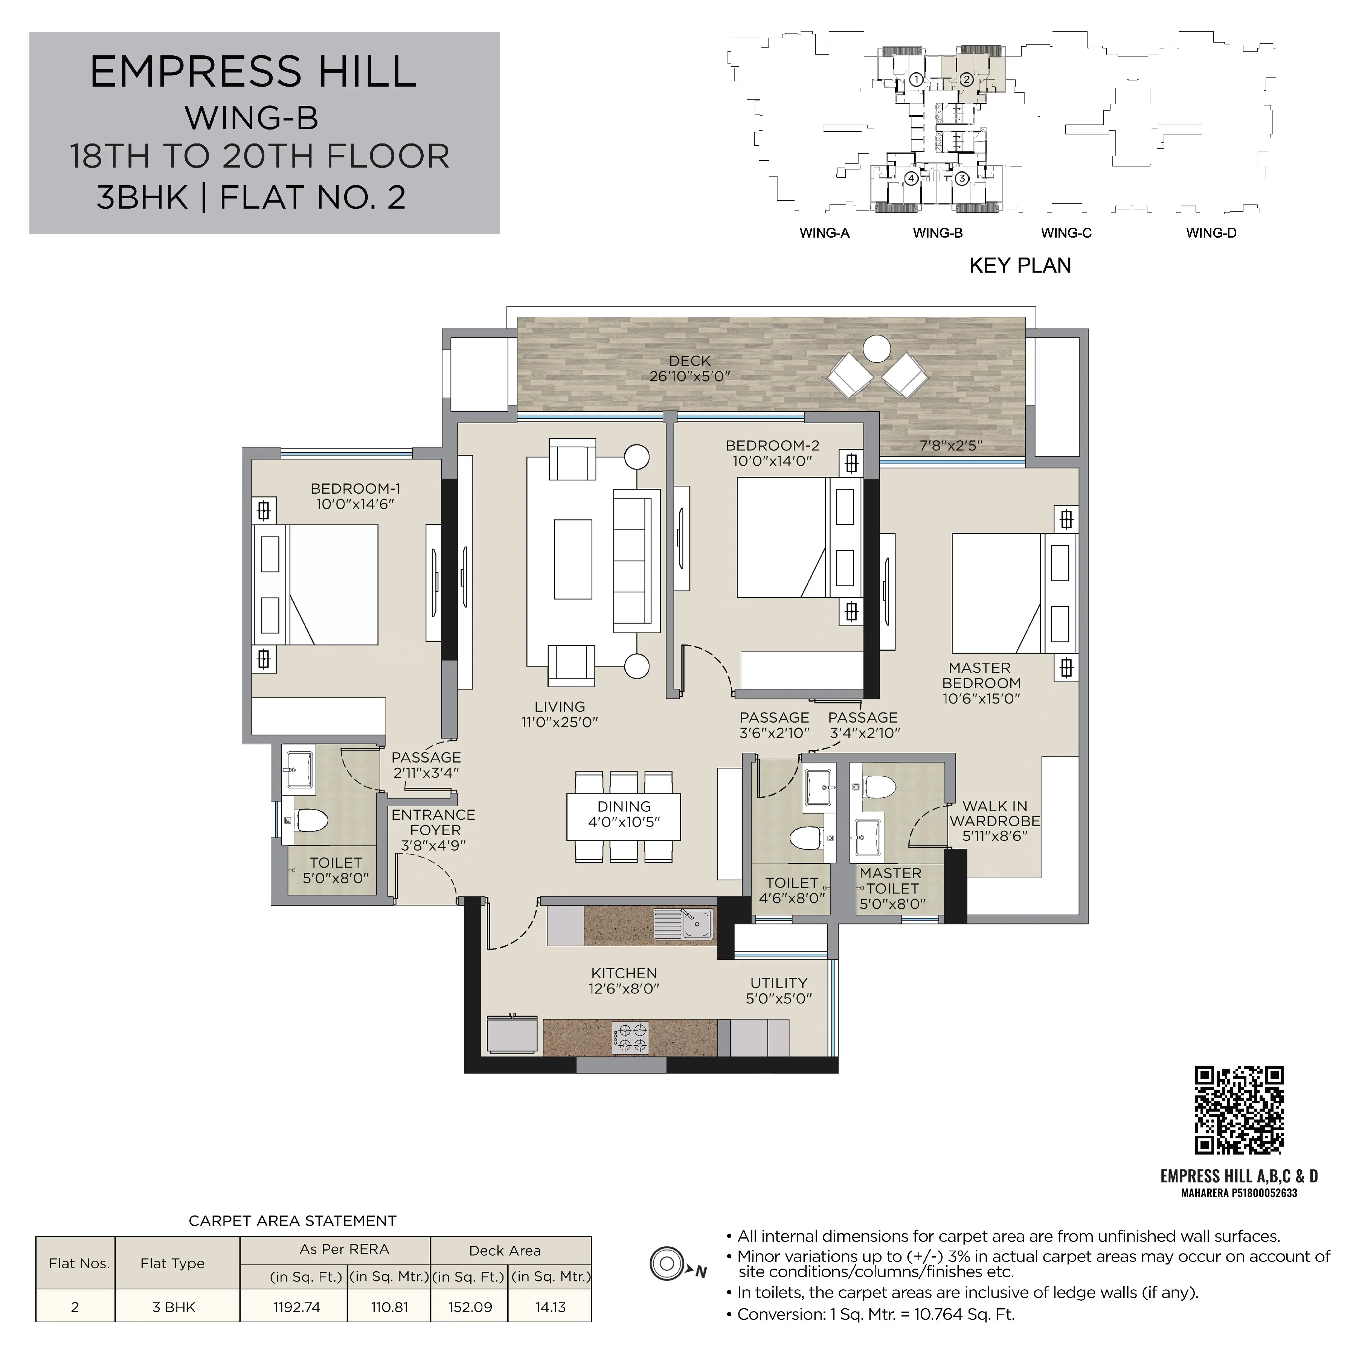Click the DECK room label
tap(690, 369)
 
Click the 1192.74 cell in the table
tap(297, 1307)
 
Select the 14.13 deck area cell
tap(550, 1307)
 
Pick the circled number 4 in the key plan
tap(911, 178)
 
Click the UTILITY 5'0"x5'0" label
tap(779, 990)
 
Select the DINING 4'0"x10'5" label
tap(624, 814)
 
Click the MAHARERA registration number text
tap(1239, 1193)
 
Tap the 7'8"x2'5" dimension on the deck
tap(951, 446)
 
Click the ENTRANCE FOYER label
tap(434, 822)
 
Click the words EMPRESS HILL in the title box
tap(253, 72)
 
